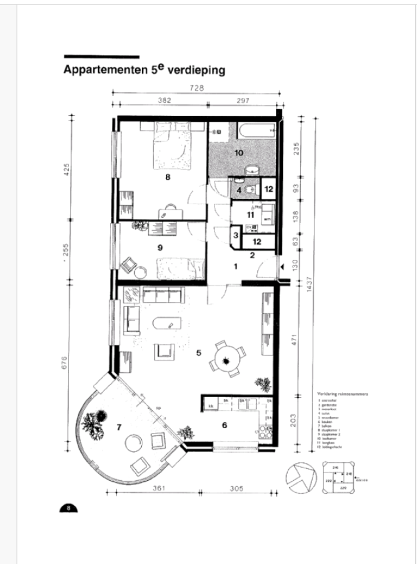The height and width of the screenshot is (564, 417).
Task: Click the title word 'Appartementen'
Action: tap(106, 70)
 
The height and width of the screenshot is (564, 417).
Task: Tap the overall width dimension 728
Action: tap(196, 89)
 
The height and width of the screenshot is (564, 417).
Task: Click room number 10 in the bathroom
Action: tap(238, 153)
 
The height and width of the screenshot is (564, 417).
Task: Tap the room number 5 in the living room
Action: tap(199, 353)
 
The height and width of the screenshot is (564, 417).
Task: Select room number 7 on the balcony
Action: tap(118, 427)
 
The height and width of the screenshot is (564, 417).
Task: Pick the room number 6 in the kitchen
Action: tap(224, 425)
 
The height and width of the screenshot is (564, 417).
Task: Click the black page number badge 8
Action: tap(68, 509)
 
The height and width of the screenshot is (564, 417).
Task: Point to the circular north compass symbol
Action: tap(300, 477)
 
